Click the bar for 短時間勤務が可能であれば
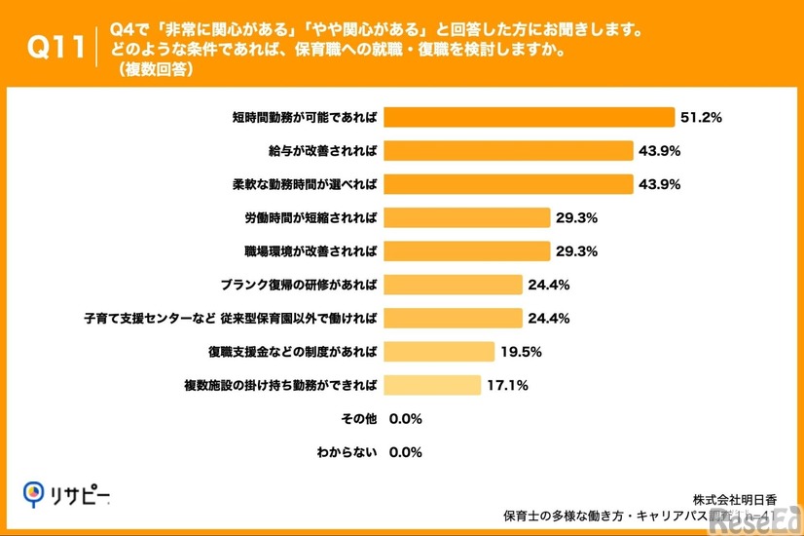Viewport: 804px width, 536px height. pyautogui.click(x=529, y=117)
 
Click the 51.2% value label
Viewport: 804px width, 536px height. pyautogui.click(x=700, y=117)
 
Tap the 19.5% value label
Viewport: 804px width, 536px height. pyautogui.click(x=521, y=352)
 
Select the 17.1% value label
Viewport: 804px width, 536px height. pyautogui.click(x=506, y=385)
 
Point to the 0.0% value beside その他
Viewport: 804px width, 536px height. pyautogui.click(x=405, y=419)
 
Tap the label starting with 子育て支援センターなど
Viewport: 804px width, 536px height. pyautogui.click(x=232, y=318)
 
